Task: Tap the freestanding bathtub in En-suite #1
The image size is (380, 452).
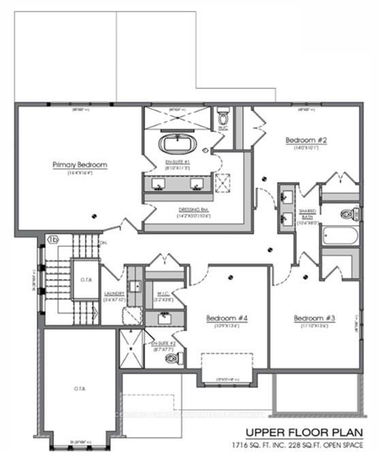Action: pyautogui.click(x=178, y=145)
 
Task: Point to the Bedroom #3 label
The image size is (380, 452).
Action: pyautogui.click(x=312, y=318)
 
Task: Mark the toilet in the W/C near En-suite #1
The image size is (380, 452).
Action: pyautogui.click(x=223, y=120)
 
